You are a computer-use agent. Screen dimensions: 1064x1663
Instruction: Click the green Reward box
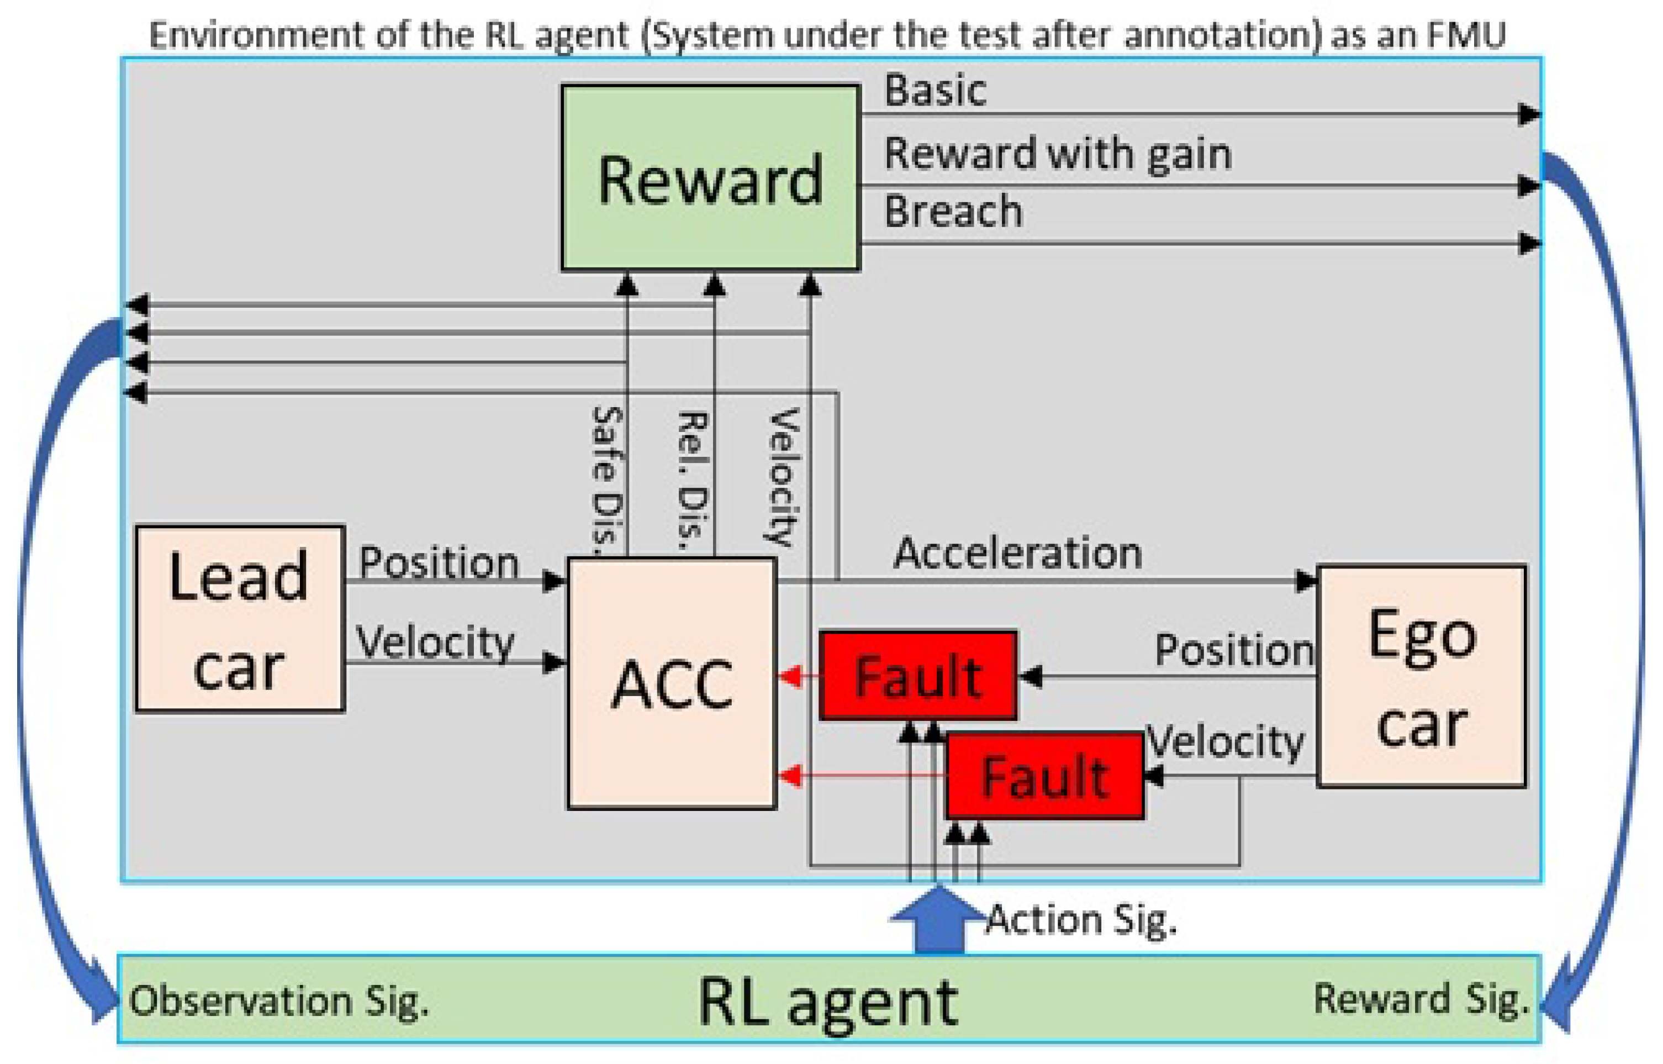pos(710,178)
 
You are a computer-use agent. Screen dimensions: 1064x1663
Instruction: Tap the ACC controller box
pos(671,684)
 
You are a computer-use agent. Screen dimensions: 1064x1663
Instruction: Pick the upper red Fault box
pos(918,676)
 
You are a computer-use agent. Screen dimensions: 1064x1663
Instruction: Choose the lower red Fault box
pos(1044,776)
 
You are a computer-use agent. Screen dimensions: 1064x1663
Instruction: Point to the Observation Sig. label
pos(278,1001)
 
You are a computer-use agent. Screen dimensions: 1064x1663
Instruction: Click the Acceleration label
pos(1017,554)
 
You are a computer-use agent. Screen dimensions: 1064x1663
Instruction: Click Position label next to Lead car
pos(439,562)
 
